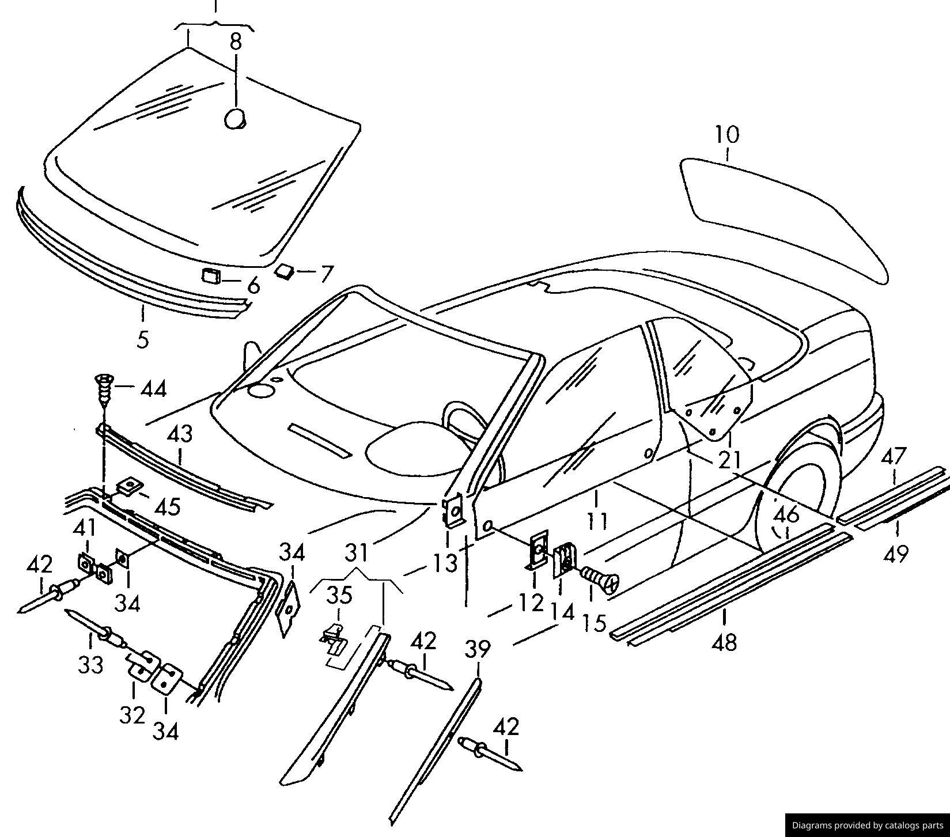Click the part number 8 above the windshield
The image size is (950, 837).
pyautogui.click(x=236, y=41)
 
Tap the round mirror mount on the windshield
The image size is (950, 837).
pyautogui.click(x=234, y=119)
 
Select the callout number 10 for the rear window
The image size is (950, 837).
pyautogui.click(x=727, y=135)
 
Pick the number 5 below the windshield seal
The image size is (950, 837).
pyautogui.click(x=143, y=339)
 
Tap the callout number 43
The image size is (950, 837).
pyautogui.click(x=180, y=434)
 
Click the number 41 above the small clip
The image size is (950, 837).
pyautogui.click(x=86, y=528)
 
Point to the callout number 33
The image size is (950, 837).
pyautogui.click(x=91, y=665)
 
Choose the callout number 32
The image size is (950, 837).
pyautogui.click(x=133, y=715)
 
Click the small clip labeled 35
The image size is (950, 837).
pyautogui.click(x=334, y=638)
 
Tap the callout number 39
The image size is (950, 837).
pyautogui.click(x=478, y=649)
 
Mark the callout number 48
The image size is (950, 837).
pyautogui.click(x=725, y=642)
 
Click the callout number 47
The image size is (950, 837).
pyautogui.click(x=894, y=456)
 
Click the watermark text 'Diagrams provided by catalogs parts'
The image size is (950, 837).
pyautogui.click(x=868, y=825)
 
